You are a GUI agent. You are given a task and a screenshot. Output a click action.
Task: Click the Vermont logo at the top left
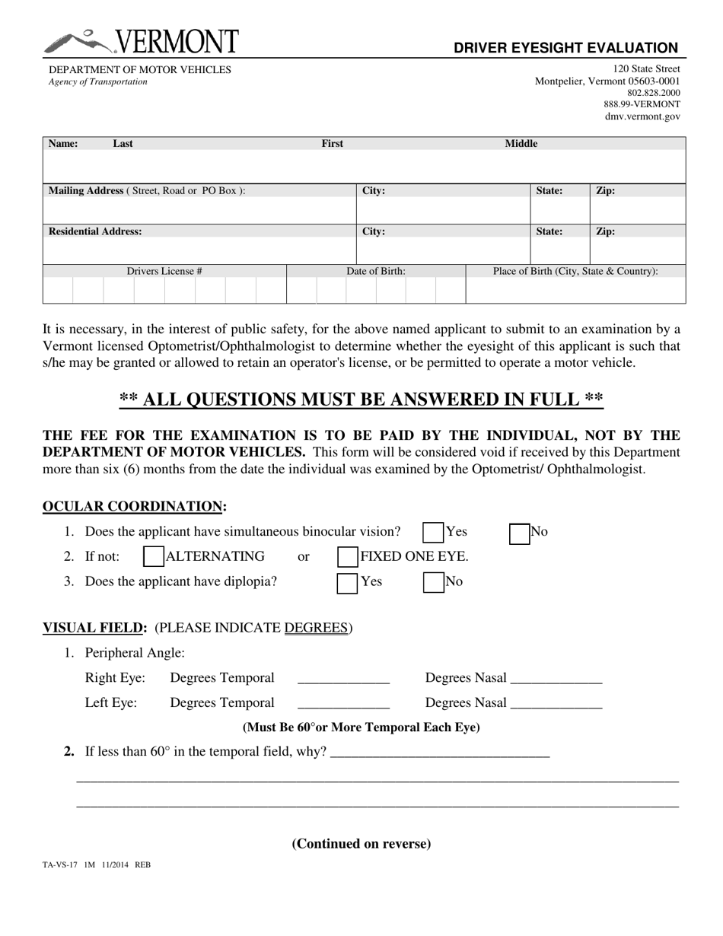tap(141, 42)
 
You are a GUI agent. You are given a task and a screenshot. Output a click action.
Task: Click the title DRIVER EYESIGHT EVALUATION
tap(565, 48)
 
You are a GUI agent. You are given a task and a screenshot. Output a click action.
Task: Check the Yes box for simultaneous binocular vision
tap(433, 533)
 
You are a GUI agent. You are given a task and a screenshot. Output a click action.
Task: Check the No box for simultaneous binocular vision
tap(519, 533)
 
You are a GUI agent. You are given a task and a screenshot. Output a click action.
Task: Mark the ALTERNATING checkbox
tap(154, 557)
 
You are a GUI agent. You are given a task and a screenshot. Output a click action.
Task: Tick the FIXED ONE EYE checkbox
tap(348, 557)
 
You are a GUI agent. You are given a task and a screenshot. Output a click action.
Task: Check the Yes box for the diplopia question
tap(347, 582)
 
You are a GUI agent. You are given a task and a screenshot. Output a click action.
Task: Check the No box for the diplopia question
tap(433, 582)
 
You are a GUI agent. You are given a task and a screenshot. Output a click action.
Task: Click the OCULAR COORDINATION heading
tap(134, 506)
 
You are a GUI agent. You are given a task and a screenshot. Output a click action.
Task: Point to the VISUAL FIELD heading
tap(94, 628)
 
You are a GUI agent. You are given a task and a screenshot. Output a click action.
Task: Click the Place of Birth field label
tap(575, 271)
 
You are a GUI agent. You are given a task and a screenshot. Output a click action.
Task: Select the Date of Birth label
tap(376, 271)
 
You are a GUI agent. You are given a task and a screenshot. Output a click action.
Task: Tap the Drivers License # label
tap(164, 271)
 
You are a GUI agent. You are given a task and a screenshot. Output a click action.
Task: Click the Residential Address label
tap(95, 231)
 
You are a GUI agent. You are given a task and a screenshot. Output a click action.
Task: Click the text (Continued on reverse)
tap(361, 843)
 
